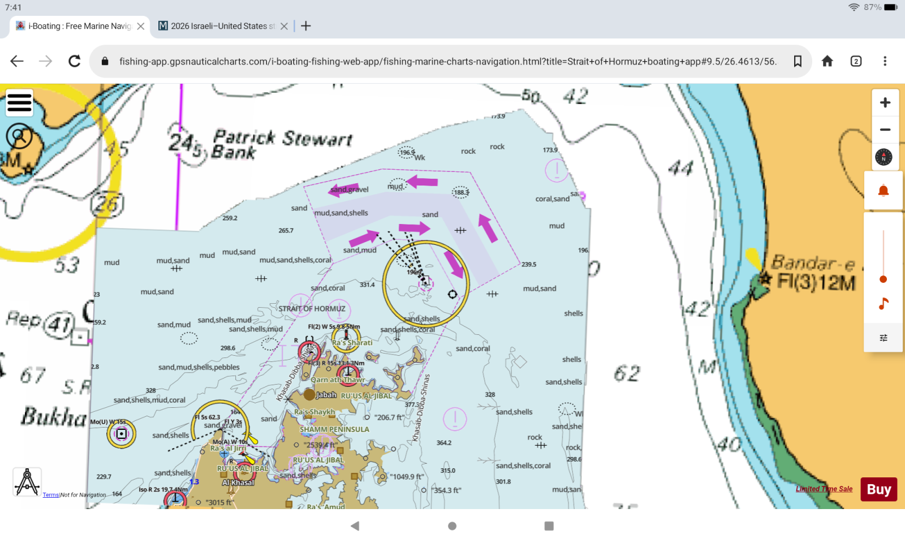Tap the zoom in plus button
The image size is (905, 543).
pos(885,103)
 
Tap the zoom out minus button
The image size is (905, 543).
pos(885,130)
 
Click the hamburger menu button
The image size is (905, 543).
pos(19,103)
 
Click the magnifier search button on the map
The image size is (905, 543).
pos(19,136)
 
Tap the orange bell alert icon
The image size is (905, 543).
pos(884,191)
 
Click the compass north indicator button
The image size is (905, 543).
pos(884,157)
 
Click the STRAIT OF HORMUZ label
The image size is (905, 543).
pos(312,309)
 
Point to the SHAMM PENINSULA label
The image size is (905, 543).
pos(334,429)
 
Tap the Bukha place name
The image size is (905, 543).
pos(53,417)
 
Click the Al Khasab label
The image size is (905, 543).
pos(238,482)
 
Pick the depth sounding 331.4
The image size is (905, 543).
pos(367,285)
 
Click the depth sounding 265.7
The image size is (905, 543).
pos(286,231)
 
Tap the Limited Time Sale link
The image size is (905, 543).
pos(824,489)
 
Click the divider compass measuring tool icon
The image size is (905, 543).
pos(27,482)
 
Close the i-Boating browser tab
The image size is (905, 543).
pos(141,26)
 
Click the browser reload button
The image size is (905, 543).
pos(74,61)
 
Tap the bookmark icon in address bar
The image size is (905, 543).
pos(798,61)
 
